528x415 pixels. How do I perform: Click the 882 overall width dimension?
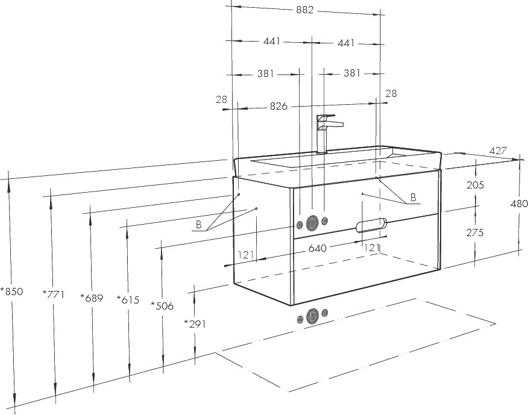click(x=305, y=10)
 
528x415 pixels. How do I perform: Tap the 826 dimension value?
click(x=279, y=107)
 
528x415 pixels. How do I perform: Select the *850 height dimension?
click(x=12, y=292)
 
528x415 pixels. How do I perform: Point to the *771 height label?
click(x=53, y=295)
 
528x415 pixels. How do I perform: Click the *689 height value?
click(x=92, y=298)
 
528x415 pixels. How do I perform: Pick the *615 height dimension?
click(x=128, y=299)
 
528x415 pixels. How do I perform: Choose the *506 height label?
click(x=162, y=305)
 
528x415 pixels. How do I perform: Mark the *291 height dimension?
click(x=195, y=324)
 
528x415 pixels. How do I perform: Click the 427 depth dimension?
click(x=498, y=151)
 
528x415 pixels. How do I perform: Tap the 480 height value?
click(x=519, y=204)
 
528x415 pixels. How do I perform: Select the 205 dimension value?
click(x=475, y=185)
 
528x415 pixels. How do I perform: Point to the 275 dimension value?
click(x=475, y=232)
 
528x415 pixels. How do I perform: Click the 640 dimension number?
click(x=318, y=248)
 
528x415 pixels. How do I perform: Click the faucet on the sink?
click(x=327, y=134)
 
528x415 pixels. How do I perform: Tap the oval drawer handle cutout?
click(x=371, y=225)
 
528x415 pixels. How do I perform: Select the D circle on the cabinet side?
click(x=312, y=223)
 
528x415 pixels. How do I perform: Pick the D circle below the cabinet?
click(x=313, y=316)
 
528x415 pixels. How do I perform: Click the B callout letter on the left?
click(x=199, y=225)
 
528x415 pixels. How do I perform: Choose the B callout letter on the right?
click(x=413, y=197)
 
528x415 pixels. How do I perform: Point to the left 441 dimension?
click(x=272, y=42)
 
